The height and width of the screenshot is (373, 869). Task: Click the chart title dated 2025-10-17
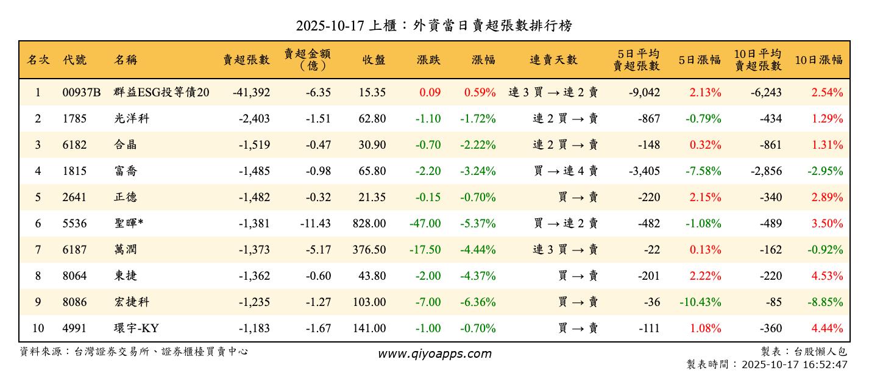pyautogui.click(x=434, y=26)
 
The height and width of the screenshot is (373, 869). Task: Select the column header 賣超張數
pyautogui.click(x=246, y=60)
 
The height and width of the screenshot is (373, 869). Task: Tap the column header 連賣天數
pyautogui.click(x=553, y=60)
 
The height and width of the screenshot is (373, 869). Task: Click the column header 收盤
pyautogui.click(x=374, y=60)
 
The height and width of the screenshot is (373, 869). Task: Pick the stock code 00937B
pyautogui.click(x=82, y=93)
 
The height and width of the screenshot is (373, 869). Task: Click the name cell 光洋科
pyautogui.click(x=131, y=119)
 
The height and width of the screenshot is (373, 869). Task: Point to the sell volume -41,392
pyautogui.click(x=251, y=93)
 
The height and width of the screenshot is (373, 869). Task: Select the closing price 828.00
pyautogui.click(x=369, y=224)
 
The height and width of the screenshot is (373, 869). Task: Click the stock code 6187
pyautogui.click(x=74, y=250)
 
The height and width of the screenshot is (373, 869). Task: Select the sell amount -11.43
pyautogui.click(x=316, y=224)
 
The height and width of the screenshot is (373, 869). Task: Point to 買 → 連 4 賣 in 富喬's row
pyautogui.click(x=566, y=171)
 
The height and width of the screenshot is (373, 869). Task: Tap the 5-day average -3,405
pyautogui.click(x=644, y=171)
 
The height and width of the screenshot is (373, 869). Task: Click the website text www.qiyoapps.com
pyautogui.click(x=434, y=353)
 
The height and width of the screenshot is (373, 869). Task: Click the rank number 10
pyautogui.click(x=38, y=329)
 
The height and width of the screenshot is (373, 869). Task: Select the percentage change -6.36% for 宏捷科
pyautogui.click(x=478, y=302)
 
